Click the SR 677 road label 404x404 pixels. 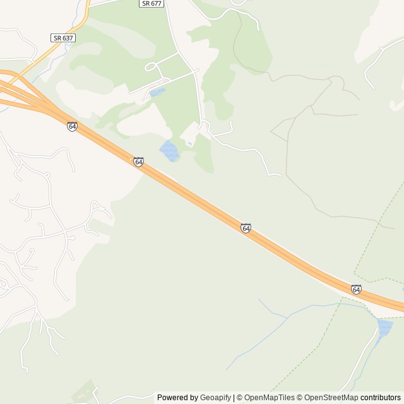tap(151, 4)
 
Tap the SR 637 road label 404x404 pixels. tap(63, 38)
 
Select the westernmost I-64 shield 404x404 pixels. tap(72, 126)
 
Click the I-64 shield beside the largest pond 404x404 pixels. tap(138, 162)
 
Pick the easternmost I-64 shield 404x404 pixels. tap(356, 289)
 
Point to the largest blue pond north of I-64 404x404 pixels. tap(169, 151)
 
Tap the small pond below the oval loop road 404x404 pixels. tap(158, 93)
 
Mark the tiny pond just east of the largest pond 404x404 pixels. tap(190, 144)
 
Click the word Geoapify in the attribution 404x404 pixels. tap(215, 398)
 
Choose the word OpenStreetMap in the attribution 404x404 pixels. tap(331, 398)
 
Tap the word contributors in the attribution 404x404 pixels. tap(381, 398)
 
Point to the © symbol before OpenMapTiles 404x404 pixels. tap(240, 398)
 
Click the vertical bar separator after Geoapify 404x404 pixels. tap(234, 398)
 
